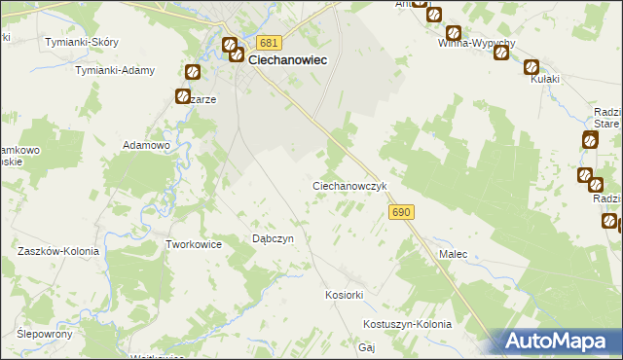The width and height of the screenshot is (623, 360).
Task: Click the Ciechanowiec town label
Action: coord(287,58)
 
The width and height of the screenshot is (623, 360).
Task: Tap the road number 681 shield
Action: coord(270,43)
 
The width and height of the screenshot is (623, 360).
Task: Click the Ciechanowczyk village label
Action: coord(350,185)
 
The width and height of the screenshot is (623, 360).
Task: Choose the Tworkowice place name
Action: coord(195,244)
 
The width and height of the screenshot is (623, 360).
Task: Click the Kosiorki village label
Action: coord(344,294)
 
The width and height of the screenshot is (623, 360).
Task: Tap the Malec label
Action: coord(453,254)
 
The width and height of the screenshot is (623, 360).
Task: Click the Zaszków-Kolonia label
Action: coord(55,250)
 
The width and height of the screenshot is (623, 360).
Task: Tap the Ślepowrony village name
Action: coord(46,333)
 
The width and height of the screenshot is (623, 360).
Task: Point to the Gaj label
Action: coord(367,346)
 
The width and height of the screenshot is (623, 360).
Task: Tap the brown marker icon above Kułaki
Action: coord(531,68)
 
